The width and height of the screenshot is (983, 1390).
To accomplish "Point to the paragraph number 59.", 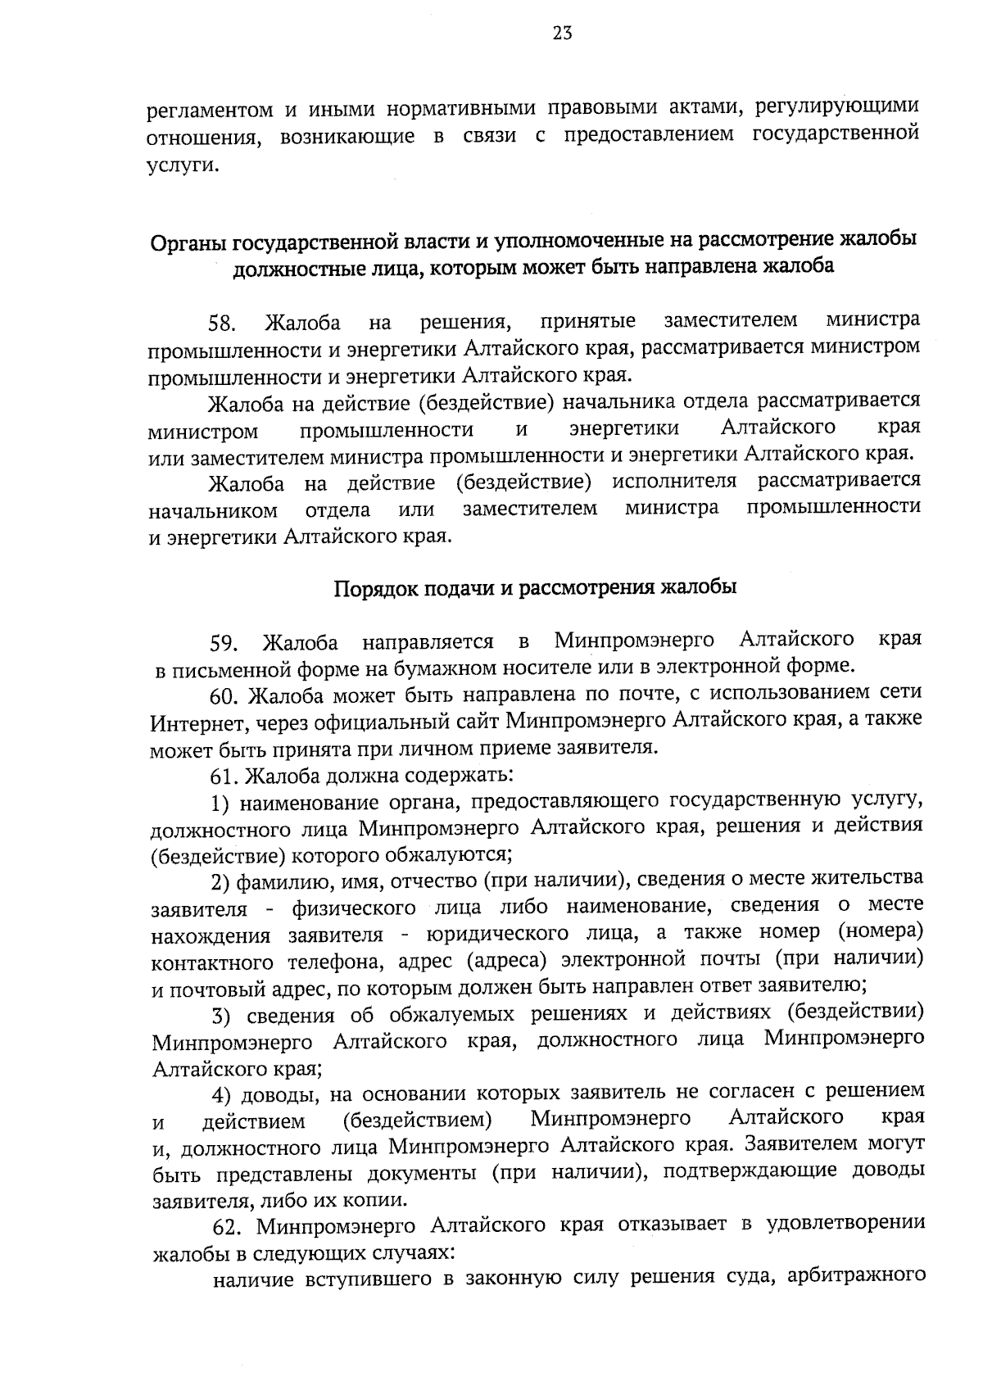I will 224,643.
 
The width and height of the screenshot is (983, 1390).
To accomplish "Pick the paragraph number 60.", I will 224,696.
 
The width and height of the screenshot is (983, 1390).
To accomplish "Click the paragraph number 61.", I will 224,775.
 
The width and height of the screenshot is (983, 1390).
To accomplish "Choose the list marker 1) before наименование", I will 220,802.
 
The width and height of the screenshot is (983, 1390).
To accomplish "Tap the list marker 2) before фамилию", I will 220,882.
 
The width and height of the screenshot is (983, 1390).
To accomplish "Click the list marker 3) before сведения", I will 220,1016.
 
